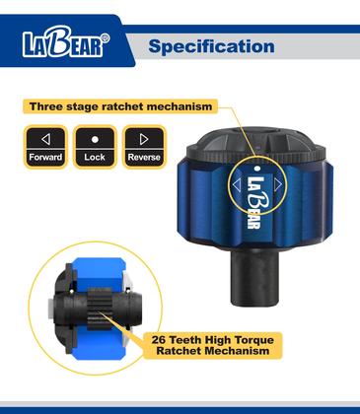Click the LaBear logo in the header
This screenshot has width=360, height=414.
point(65,41)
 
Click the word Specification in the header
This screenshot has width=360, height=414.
point(211,46)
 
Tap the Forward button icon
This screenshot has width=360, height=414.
point(45,147)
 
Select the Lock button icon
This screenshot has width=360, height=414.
point(95,147)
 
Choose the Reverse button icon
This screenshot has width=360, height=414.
point(144,147)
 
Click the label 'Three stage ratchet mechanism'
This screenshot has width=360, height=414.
point(120,106)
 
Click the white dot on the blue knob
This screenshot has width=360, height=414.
point(257,169)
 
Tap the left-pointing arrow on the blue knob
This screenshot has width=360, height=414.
point(237,184)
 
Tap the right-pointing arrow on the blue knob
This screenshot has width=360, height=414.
point(278,184)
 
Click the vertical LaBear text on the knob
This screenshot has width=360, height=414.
point(256,202)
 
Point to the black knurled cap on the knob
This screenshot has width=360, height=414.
point(255,144)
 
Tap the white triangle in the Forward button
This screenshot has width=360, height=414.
point(46,139)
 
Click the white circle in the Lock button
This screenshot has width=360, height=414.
point(95,140)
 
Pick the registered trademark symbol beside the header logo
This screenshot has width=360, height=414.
point(105,38)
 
